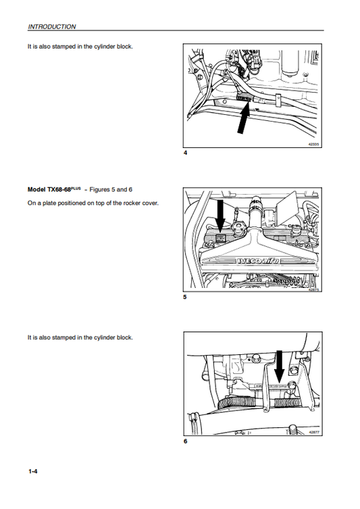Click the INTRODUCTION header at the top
51,27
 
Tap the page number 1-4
32,470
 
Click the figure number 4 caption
185,153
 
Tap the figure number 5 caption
185,297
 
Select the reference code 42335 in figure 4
315,143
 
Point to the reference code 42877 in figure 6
315,431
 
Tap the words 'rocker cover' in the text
140,203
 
